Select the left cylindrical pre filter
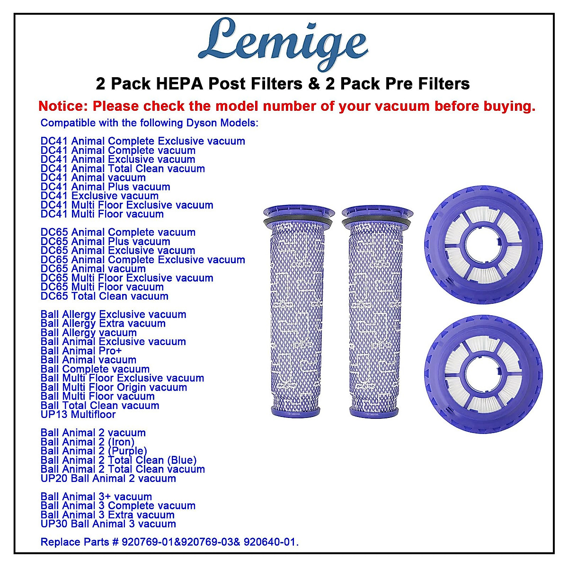[299, 312]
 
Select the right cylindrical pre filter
[376, 312]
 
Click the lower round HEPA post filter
[483, 374]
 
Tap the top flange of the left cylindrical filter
[299, 213]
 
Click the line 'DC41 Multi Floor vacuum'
[102, 214]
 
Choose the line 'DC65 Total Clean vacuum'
[105, 296]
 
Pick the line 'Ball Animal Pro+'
[81, 351]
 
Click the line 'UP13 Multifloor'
[78, 415]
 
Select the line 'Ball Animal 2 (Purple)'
[94, 451]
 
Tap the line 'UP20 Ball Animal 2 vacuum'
[108, 479]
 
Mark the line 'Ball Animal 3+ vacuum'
[96, 497]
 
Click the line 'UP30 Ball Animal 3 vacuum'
[108, 524]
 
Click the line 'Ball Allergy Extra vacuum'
[103, 324]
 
